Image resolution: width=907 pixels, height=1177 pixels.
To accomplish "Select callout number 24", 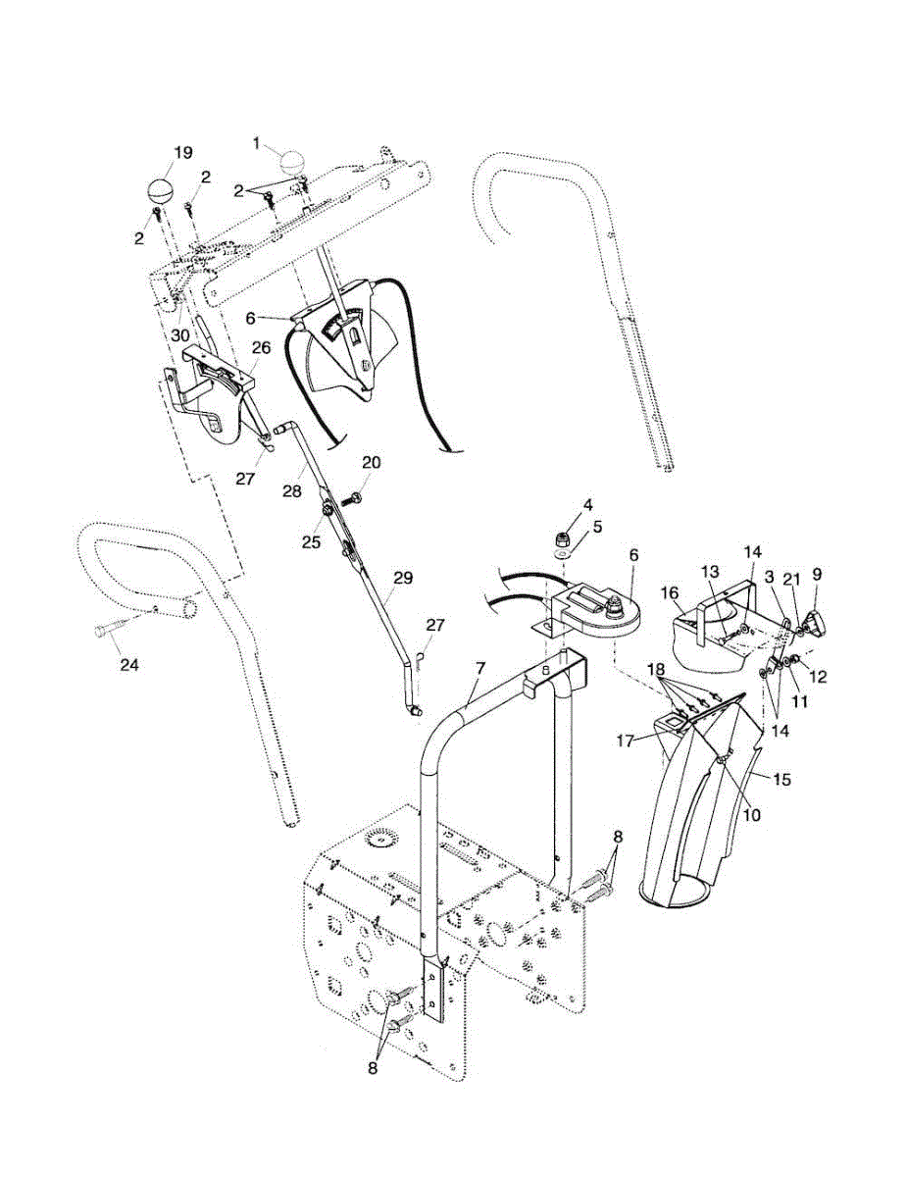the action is [128, 664].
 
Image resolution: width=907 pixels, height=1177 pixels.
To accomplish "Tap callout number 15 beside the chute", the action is [783, 780].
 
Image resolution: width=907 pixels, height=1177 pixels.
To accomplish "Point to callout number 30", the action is [179, 335].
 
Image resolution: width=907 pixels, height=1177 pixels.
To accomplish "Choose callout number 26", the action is [261, 348].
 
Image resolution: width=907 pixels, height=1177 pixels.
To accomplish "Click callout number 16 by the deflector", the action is [671, 593].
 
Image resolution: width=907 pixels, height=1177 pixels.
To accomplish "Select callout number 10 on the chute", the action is [752, 815].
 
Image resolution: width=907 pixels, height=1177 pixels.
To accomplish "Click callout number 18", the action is [657, 670].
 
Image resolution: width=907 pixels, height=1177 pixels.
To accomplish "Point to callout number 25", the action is [312, 542].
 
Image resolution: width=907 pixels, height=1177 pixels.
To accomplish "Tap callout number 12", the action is [819, 677].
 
